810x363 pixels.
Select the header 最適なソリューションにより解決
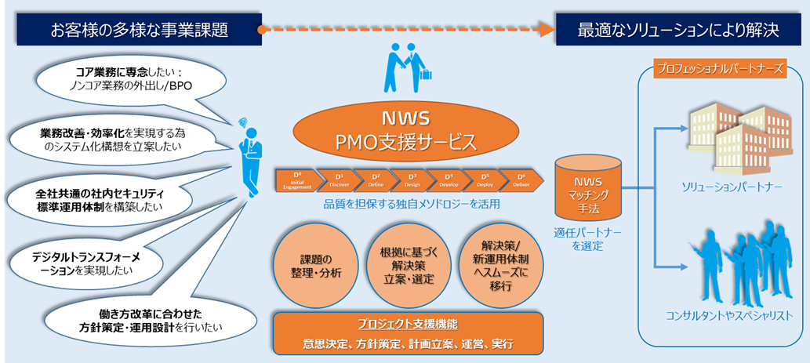pos(677,31)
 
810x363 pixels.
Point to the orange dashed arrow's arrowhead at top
pos(544,30)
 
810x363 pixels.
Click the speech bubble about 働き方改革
pos(138,318)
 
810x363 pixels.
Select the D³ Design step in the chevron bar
pos(412,180)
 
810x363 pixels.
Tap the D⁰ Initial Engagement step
pos(296,180)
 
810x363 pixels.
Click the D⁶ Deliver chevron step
pos(522,180)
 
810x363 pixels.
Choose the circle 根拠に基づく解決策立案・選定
pos(407,267)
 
